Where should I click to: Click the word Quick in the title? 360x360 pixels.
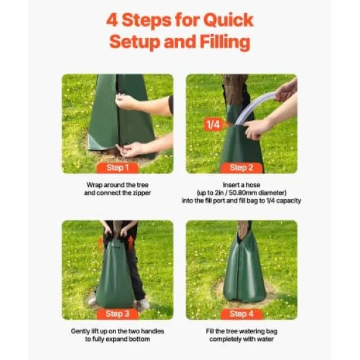[228, 20]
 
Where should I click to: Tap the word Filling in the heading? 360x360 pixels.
[225, 42]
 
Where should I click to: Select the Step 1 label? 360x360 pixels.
[117, 168]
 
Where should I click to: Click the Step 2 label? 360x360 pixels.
[241, 168]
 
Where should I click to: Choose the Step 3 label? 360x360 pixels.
[117, 314]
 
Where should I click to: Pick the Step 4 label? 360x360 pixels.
[241, 314]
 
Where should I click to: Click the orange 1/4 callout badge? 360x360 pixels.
[214, 124]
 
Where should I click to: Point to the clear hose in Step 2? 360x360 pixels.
[255, 107]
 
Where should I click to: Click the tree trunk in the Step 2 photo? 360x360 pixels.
[235, 89]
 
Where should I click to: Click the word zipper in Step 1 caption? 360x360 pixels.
[142, 193]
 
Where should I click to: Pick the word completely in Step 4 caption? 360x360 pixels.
[222, 340]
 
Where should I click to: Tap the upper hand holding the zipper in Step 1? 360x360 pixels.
[125, 102]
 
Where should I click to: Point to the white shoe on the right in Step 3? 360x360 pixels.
[143, 303]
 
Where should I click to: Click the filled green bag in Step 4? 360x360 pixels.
[245, 269]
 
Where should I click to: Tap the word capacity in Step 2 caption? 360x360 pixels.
[289, 201]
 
